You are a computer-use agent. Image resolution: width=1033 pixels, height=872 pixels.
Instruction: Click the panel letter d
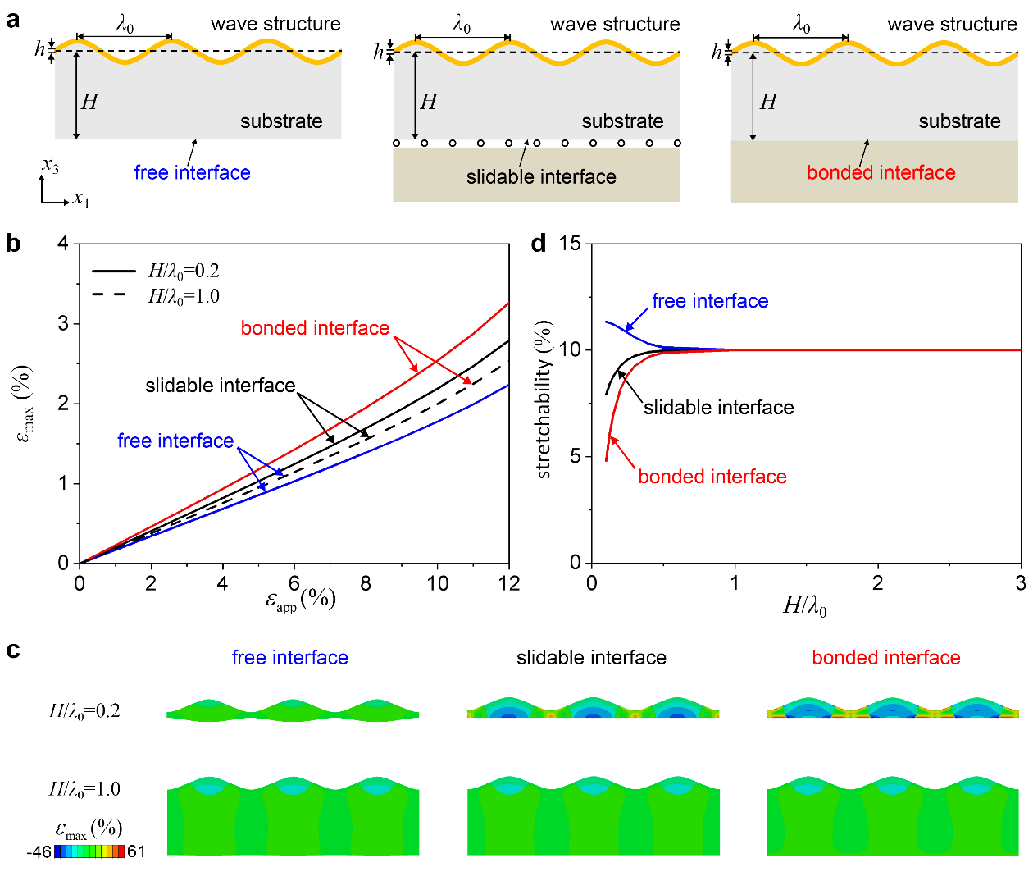coord(539,244)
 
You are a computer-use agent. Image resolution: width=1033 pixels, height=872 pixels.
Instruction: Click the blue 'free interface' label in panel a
coord(192,172)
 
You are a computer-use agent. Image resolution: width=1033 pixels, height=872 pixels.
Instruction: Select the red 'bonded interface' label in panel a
coord(881,172)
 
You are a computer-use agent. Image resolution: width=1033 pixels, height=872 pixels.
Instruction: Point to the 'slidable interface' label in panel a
coord(541,176)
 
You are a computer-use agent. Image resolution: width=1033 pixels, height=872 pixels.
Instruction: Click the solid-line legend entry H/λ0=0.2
coord(156,271)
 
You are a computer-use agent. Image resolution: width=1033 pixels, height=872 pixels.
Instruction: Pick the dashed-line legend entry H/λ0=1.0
coord(156,296)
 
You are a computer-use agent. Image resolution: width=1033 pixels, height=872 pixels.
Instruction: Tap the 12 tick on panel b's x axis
coord(509,583)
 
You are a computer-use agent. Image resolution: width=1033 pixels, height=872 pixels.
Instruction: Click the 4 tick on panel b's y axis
coord(63,244)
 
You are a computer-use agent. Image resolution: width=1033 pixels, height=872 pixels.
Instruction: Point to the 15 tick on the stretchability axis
coord(570,244)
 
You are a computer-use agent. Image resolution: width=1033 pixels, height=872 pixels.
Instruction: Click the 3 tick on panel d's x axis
coord(1021,583)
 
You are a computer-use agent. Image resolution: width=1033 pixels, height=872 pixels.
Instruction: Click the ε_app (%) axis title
coord(300,600)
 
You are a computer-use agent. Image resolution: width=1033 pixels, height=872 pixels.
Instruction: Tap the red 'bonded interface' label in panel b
coord(315,328)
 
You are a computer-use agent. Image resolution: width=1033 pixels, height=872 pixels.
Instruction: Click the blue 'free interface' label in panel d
coord(710,301)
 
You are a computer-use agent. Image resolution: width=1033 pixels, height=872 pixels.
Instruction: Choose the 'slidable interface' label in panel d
coord(718,408)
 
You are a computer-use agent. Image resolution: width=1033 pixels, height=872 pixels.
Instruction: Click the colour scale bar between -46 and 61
coord(89,851)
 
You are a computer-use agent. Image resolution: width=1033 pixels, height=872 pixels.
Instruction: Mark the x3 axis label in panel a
coord(51,167)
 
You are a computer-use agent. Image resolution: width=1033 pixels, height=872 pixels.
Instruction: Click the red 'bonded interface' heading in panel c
coord(885,658)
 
